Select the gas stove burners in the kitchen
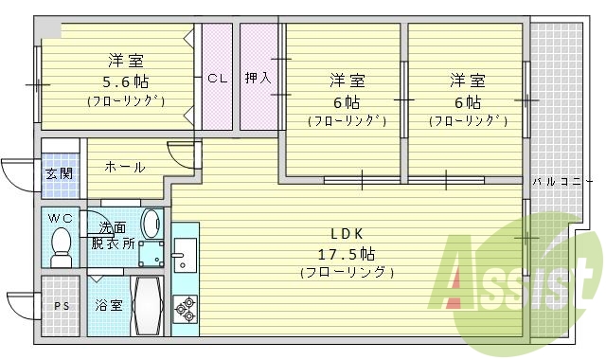pyautogui.click(x=184, y=305)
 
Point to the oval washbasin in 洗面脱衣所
pyautogui.click(x=151, y=225)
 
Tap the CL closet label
pyautogui.click(x=217, y=79)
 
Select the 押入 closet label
pyautogui.click(x=258, y=79)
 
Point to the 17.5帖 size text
pyautogui.click(x=347, y=254)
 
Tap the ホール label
pyautogui.click(x=124, y=168)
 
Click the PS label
pyautogui.click(x=62, y=305)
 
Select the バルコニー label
pyautogui.click(x=556, y=181)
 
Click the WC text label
pyautogui.click(x=61, y=218)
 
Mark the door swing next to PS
pyautogui.click(x=23, y=305)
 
